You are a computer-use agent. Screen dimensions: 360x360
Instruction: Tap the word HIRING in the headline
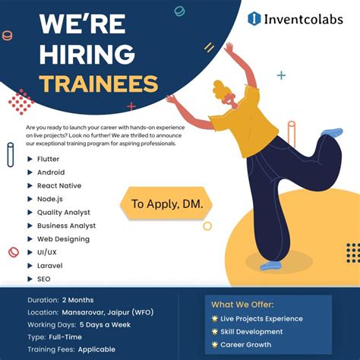87,55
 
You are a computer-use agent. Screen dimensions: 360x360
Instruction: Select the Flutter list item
48,159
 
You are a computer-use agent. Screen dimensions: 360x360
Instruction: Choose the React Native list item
58,185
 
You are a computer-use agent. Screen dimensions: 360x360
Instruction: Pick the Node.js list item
51,199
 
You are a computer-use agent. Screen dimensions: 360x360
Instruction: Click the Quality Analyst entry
63,213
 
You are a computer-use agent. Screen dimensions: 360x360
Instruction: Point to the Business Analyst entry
66,226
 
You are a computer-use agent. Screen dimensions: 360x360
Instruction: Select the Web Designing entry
63,239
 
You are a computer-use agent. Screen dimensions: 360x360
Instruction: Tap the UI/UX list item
46,252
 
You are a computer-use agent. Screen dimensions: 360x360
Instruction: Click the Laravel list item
49,266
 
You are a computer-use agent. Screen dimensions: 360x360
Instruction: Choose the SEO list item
44,279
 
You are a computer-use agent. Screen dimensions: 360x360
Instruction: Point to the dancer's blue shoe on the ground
270,266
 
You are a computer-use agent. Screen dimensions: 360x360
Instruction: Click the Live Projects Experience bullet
262,319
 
